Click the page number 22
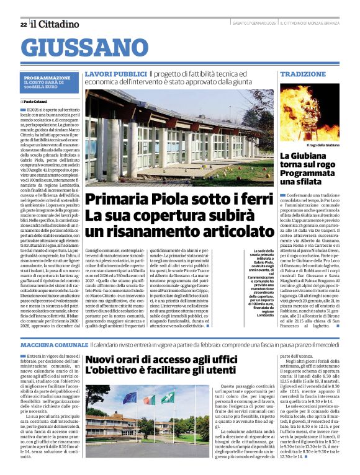(23, 24)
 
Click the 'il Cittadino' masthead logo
(55, 24)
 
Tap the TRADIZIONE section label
(303, 74)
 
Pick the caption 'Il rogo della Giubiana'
(323, 144)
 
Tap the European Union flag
(129, 397)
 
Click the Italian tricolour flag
(148, 399)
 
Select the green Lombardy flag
(166, 397)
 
